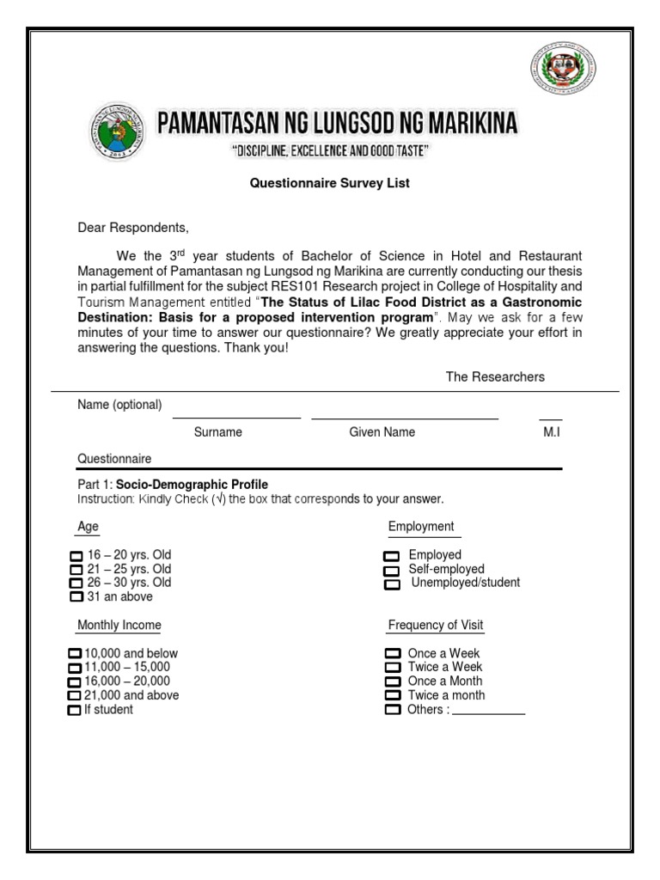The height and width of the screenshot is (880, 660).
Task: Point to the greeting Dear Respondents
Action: click(132, 228)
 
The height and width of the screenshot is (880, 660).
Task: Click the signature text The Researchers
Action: click(495, 376)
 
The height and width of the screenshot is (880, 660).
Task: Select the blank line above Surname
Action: click(236, 418)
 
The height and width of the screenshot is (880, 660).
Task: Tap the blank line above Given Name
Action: click(405, 419)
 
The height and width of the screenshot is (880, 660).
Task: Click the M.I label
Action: click(551, 432)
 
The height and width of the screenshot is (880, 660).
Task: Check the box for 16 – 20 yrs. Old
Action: click(76, 556)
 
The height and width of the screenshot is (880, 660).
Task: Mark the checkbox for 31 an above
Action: click(76, 597)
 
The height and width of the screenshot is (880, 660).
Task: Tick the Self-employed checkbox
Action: click(392, 570)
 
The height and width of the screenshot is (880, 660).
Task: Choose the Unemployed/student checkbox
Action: click(392, 584)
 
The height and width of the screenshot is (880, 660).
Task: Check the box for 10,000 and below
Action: click(75, 654)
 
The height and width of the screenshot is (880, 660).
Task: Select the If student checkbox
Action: click(74, 710)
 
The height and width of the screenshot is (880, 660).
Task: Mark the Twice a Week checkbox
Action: click(393, 668)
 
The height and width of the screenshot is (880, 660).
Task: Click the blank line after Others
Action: click(488, 713)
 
